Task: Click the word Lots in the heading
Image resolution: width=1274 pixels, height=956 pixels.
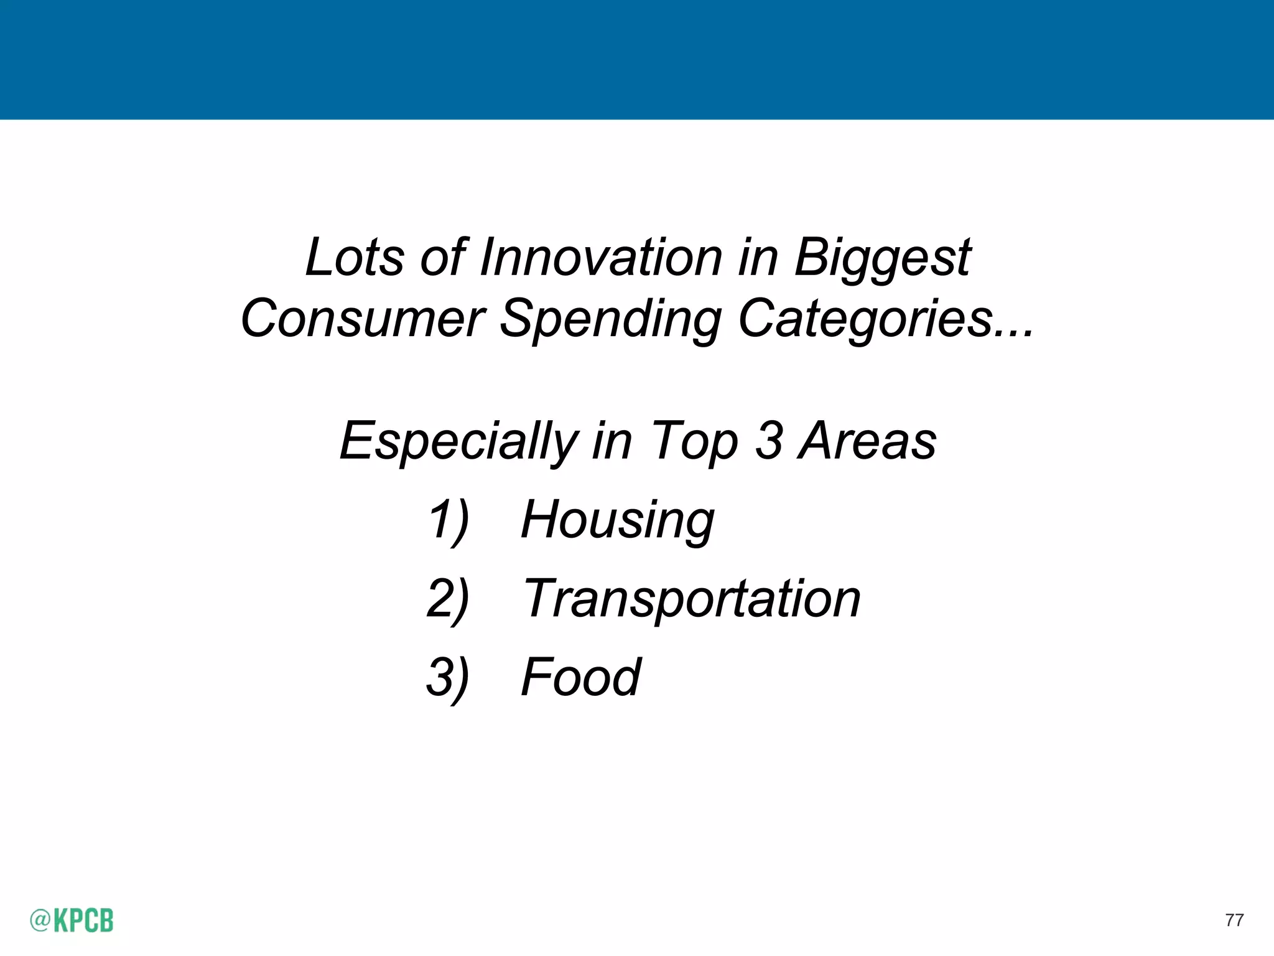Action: pos(355,258)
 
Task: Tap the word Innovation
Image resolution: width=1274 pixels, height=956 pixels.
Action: pos(601,258)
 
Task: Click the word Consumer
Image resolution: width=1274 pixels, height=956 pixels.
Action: pos(363,319)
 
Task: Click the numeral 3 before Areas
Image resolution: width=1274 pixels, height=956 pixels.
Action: pos(769,441)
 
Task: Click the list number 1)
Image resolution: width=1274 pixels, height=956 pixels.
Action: pos(448,520)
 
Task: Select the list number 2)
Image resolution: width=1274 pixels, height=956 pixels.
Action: pos(448,599)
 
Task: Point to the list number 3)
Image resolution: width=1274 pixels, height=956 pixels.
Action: pos(448,678)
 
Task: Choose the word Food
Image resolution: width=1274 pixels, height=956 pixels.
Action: pos(581,677)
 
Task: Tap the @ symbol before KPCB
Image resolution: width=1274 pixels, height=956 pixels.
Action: pos(40,921)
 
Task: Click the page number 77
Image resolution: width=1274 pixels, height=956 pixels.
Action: pos(1234,920)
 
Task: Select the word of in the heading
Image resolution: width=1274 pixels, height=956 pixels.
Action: pos(443,258)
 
